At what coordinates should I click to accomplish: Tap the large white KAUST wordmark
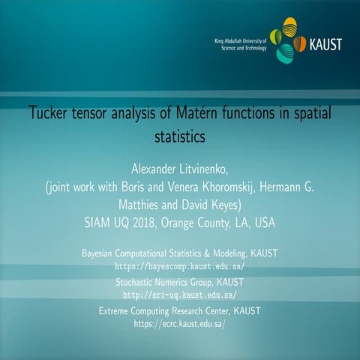click(x=325, y=44)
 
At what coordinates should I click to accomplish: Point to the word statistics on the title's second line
click(x=179, y=137)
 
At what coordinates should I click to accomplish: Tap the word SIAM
click(x=99, y=223)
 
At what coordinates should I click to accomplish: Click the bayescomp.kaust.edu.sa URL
click(x=179, y=266)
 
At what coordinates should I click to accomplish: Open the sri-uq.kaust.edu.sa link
click(x=179, y=295)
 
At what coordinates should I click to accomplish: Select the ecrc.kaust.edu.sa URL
click(x=179, y=324)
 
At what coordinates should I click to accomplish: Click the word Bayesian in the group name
click(x=103, y=254)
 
